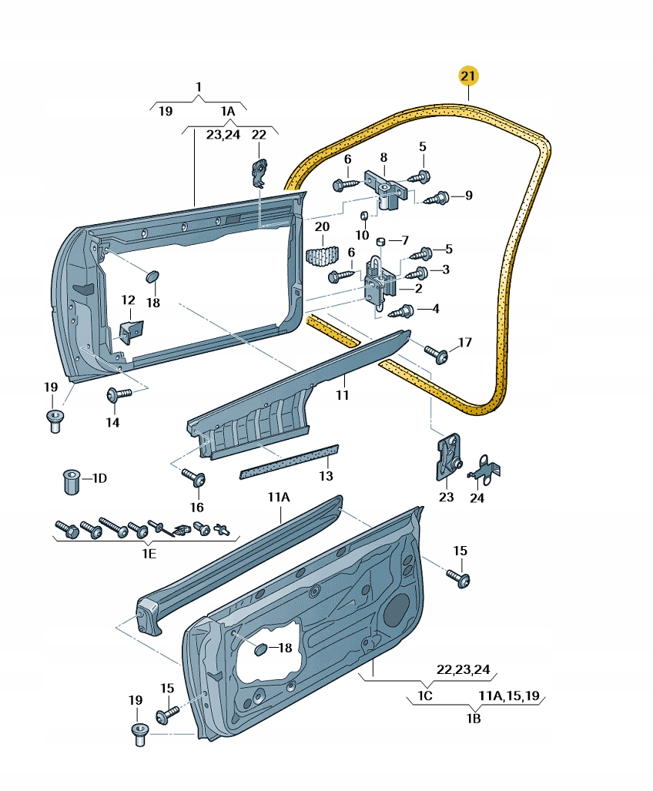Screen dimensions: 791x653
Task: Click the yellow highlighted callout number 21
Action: (468, 75)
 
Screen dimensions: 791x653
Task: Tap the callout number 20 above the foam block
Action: (322, 226)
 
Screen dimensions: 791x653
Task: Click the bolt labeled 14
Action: (116, 394)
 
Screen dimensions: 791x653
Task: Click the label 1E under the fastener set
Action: (149, 554)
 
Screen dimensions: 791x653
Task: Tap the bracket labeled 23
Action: (447, 458)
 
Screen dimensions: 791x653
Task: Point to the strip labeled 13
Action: (289, 460)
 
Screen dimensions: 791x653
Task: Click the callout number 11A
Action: (278, 498)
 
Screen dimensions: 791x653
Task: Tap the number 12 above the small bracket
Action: (128, 300)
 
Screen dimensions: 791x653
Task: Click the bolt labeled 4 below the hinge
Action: (403, 311)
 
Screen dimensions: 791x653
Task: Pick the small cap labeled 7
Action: (381, 243)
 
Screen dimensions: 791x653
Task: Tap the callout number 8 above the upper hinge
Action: (383, 157)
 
